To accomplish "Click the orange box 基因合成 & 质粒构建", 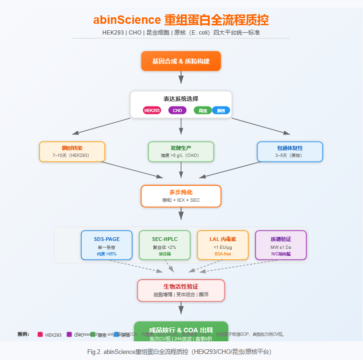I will [x=181, y=61].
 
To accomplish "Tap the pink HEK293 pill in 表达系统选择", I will [x=152, y=111].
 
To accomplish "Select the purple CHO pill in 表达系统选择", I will [x=178, y=111].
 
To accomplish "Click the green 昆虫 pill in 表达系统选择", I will [x=203, y=111].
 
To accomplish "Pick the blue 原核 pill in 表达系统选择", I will [x=221, y=111].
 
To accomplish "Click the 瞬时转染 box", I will [x=72, y=151].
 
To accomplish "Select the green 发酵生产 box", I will [x=181, y=151].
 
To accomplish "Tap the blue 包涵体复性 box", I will [x=290, y=151].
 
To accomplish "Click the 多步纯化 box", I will [x=181, y=196].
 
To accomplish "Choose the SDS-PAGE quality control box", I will [x=107, y=245].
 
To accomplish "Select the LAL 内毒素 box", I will [x=222, y=245].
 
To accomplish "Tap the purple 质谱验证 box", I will [x=280, y=245].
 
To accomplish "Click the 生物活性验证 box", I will [x=181, y=290].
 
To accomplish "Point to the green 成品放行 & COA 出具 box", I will [x=181, y=331].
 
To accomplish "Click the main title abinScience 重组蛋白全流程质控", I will [x=181, y=21].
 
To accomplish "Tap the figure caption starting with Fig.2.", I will [x=181, y=351].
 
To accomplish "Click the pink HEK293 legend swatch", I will [x=40, y=334].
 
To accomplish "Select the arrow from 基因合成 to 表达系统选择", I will [x=181, y=77].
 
